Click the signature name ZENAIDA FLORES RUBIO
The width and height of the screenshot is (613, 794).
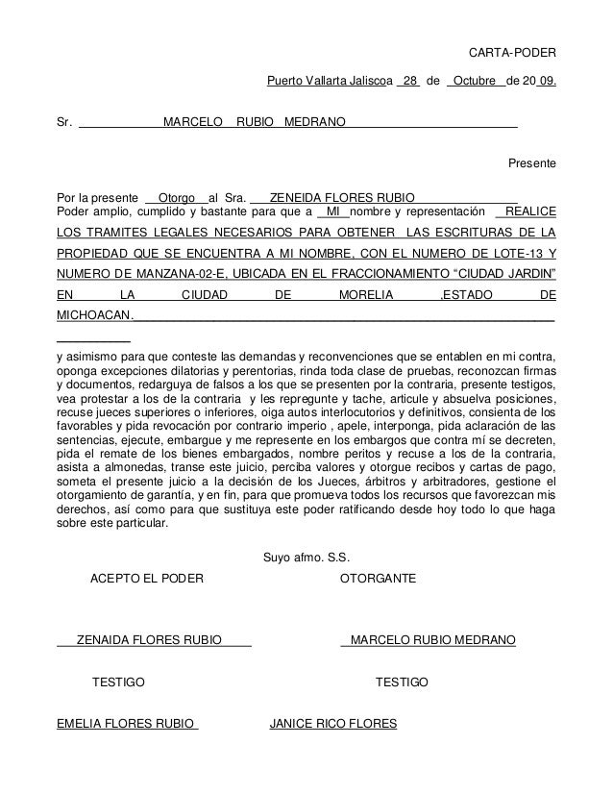click(149, 640)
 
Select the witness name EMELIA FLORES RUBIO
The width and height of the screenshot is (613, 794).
click(127, 723)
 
